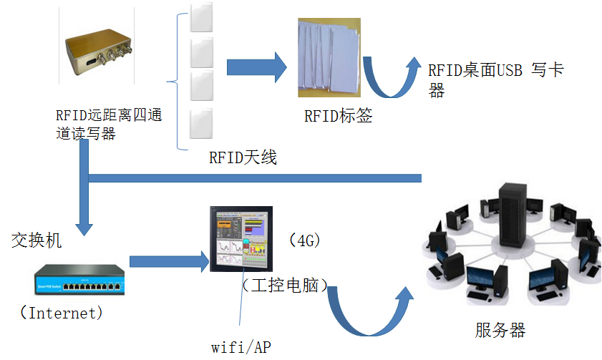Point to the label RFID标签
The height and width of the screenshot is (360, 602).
click(x=338, y=116)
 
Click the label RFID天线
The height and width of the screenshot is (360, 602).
click(x=242, y=157)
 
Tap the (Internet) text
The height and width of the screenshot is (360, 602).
click(x=62, y=313)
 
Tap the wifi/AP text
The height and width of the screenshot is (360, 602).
click(x=241, y=347)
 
